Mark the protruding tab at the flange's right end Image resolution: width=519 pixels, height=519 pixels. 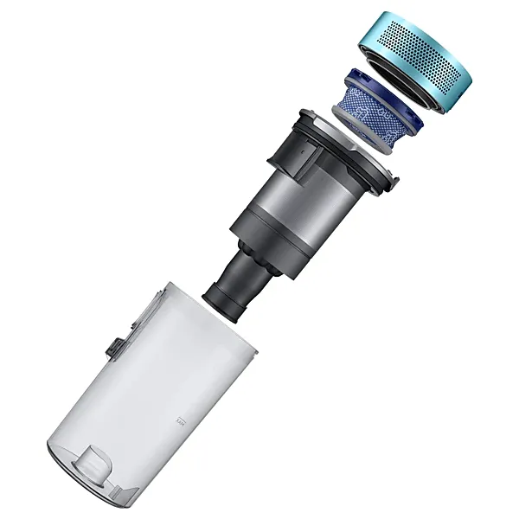click(394, 183)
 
